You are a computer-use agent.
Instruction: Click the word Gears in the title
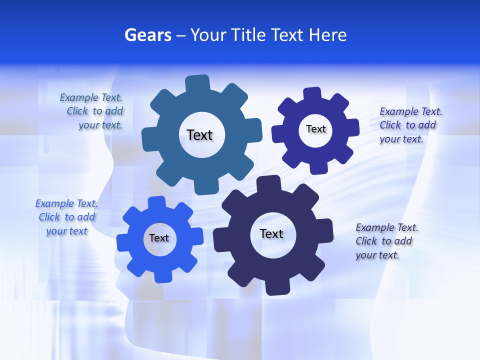point(148,35)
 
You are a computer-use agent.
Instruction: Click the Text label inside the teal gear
point(199,135)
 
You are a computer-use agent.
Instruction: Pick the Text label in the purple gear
point(315,129)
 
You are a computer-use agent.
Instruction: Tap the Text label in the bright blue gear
point(158,238)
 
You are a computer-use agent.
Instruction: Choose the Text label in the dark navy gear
point(271,233)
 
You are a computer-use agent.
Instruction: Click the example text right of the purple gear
point(410,125)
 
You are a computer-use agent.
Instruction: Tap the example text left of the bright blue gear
point(66,217)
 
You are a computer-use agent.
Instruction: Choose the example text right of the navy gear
point(386,241)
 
